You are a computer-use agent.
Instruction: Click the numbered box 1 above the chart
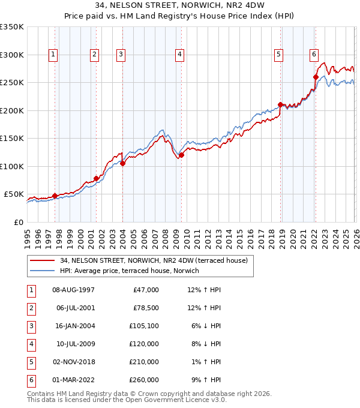53,55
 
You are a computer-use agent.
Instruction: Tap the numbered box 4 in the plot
179,55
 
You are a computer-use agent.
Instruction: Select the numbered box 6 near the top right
314,55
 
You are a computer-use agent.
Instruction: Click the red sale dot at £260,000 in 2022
316,77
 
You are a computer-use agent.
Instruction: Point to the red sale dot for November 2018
280,105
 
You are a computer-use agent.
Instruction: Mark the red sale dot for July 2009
181,155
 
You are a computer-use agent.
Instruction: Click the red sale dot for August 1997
55,196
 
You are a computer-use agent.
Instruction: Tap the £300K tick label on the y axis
12,55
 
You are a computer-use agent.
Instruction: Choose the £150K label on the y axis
12,139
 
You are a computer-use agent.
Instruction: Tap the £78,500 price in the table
146,308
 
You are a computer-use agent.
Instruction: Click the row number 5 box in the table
31,362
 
